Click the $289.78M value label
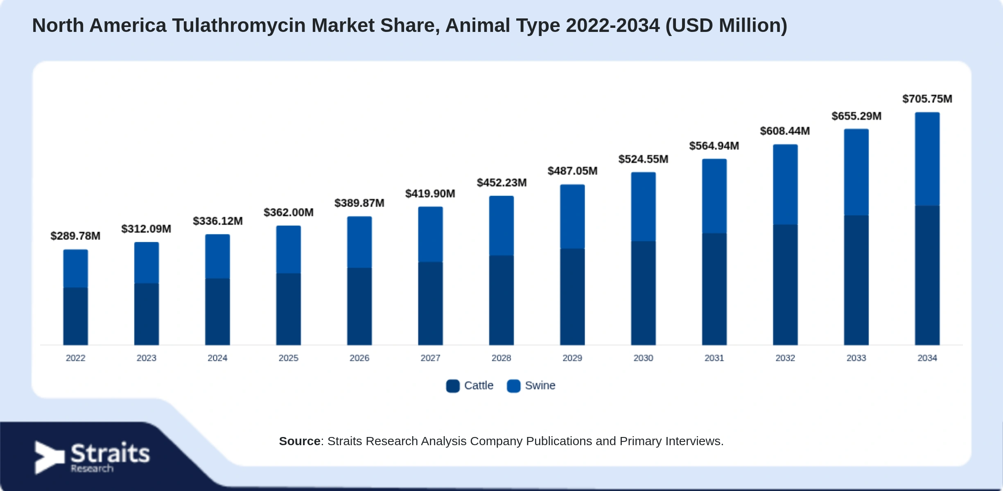(x=75, y=236)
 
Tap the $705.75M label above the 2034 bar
(x=927, y=99)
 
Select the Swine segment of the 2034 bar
(x=927, y=159)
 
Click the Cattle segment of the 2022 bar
(x=75, y=316)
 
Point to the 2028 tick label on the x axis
(x=501, y=358)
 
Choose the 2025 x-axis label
(x=288, y=358)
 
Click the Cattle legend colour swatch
(x=453, y=386)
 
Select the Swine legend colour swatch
(x=513, y=386)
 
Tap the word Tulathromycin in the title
(x=239, y=26)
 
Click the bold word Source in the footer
(x=300, y=441)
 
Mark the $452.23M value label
(x=502, y=183)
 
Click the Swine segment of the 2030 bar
(x=643, y=207)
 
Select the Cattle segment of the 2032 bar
(x=785, y=285)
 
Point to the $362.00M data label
(x=289, y=213)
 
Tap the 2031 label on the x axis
(x=714, y=358)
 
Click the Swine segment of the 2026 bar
(x=359, y=242)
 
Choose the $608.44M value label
(x=785, y=131)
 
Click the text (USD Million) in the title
(x=726, y=26)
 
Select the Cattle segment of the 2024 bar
(x=217, y=312)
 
